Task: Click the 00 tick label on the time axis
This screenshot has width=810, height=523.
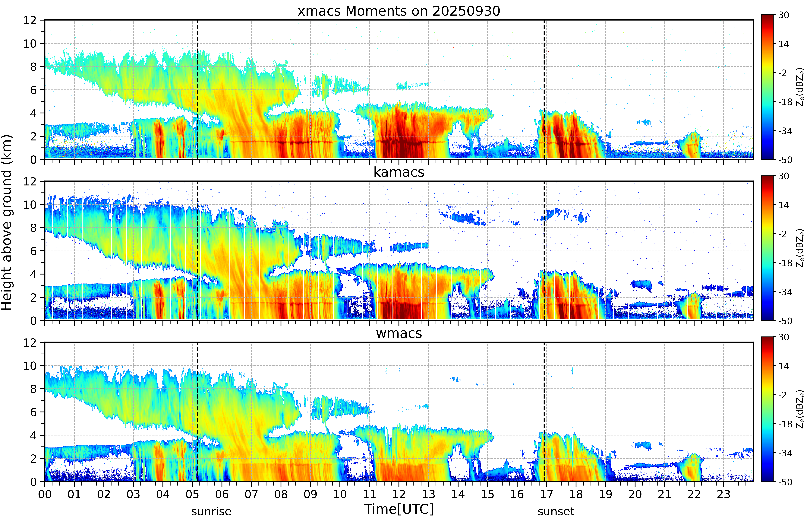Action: pos(45,494)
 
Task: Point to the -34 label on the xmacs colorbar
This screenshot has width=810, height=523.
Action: pos(785,131)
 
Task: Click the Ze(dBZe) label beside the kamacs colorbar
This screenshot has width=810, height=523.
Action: pos(800,248)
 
